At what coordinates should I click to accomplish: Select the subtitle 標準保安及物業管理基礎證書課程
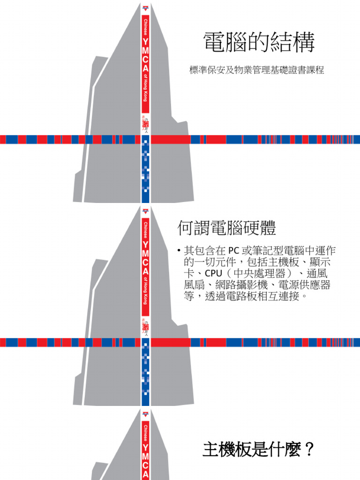pos(256,71)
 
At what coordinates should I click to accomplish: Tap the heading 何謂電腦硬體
pos(226,228)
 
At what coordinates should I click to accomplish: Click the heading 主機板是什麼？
pos(258,450)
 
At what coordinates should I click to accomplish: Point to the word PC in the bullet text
pos(234,251)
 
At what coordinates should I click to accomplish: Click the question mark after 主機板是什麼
pos(308,450)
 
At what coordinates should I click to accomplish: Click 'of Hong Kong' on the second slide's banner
pos(145,291)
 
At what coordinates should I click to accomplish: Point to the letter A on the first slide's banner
pos(145,70)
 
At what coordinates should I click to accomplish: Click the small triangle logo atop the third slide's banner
pos(145,414)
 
